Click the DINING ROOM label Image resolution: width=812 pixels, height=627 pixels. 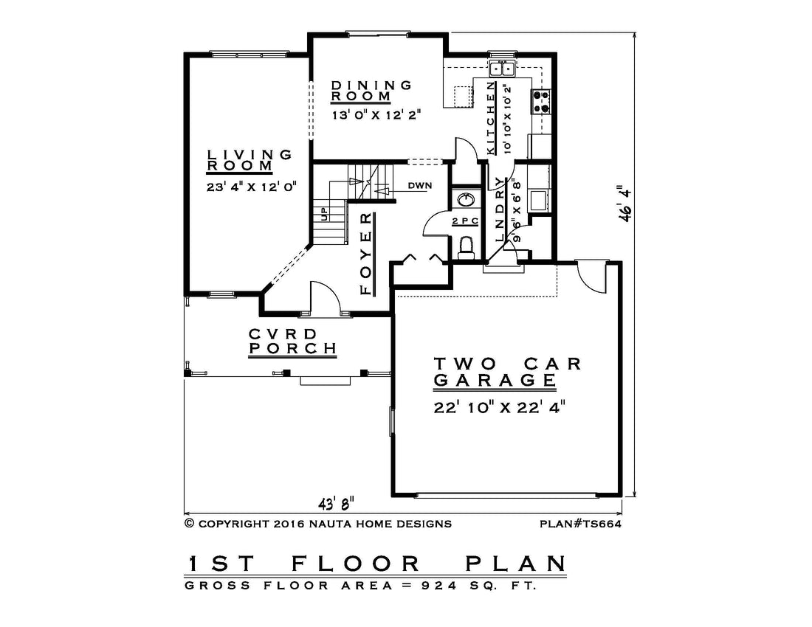[x=371, y=91]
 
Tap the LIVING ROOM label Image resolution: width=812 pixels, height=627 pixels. [x=250, y=160]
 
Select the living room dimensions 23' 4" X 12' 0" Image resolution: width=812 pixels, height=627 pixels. [x=251, y=186]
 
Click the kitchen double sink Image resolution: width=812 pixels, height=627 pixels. [x=502, y=68]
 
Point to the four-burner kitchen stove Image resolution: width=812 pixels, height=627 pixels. [x=540, y=101]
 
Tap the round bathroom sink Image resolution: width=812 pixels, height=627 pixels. [x=466, y=199]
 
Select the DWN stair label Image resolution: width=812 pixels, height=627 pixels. [x=419, y=185]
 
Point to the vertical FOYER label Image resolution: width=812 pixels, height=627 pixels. [x=366, y=254]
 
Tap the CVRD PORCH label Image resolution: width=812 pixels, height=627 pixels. [x=292, y=342]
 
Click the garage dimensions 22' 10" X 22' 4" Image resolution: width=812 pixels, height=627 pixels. [x=499, y=408]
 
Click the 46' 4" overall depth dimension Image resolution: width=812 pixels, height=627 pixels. [x=625, y=204]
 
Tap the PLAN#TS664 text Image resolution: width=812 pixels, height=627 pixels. [x=580, y=524]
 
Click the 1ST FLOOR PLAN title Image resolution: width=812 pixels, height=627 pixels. [x=376, y=564]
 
